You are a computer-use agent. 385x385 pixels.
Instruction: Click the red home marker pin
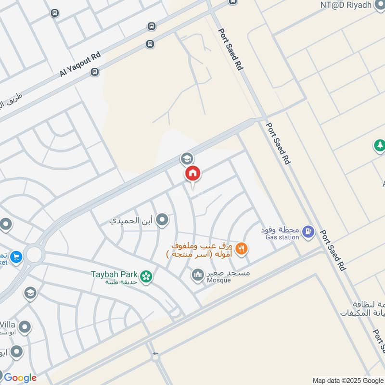click(x=192, y=173)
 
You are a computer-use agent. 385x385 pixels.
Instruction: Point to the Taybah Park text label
click(x=115, y=275)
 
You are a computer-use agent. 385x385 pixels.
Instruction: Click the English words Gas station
click(x=282, y=237)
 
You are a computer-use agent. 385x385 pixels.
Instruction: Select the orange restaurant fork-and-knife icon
click(x=242, y=248)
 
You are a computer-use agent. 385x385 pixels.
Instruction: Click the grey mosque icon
click(x=197, y=275)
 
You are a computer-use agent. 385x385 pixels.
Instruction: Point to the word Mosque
click(x=219, y=281)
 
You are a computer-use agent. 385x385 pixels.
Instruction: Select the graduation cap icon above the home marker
click(x=186, y=158)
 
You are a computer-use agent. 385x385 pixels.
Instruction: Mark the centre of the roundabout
click(x=34, y=255)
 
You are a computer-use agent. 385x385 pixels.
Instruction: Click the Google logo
click(x=20, y=377)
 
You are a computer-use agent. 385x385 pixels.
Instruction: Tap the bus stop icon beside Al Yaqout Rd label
click(x=95, y=72)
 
